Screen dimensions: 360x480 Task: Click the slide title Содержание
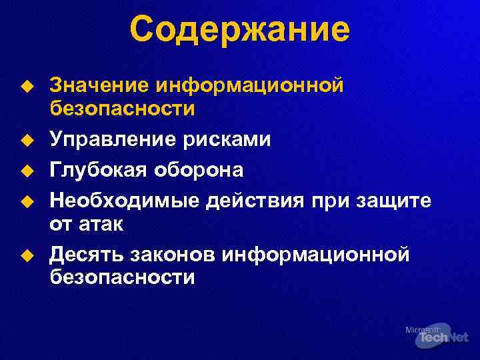tap(239, 30)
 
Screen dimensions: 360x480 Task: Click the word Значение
tap(99, 85)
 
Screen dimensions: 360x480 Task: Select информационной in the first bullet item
tap(249, 86)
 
